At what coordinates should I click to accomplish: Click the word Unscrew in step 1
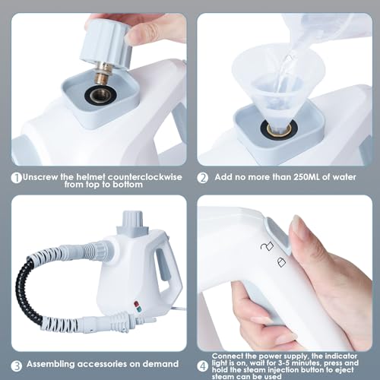(x=43, y=176)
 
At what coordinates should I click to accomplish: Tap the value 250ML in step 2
(x=302, y=178)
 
